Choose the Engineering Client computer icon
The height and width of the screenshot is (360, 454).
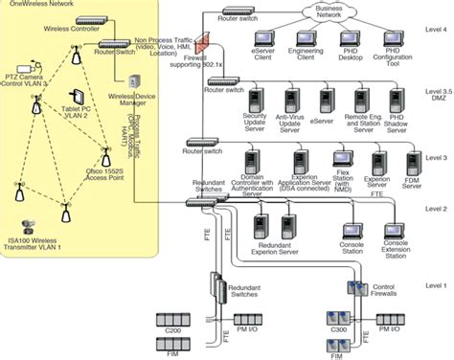pos(307,42)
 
